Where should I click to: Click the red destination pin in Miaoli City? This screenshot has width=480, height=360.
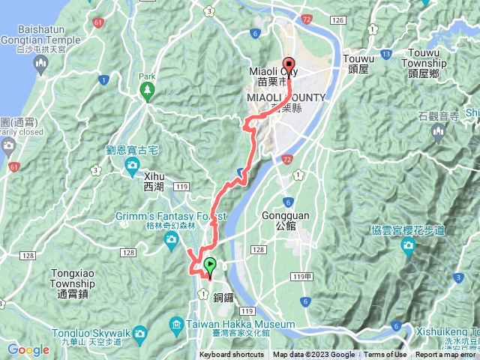[289, 63]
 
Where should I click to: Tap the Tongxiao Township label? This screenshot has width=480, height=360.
[73, 279]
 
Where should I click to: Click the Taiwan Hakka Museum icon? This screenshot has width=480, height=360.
[175, 324]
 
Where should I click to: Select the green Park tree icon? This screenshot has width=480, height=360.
[146, 91]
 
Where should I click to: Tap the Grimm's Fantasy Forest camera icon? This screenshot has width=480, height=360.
[172, 238]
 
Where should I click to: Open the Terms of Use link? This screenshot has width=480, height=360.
[385, 355]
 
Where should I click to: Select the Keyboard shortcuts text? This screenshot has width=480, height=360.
[231, 355]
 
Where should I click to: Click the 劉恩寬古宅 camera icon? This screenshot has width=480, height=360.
[132, 164]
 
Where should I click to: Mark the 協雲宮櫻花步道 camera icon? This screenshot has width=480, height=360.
[409, 246]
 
